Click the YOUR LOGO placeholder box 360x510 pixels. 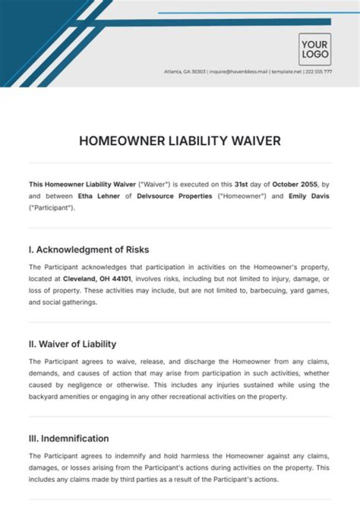[x=315, y=49]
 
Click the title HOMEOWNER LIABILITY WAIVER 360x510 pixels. [x=180, y=141]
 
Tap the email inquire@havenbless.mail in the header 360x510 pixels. [x=238, y=72]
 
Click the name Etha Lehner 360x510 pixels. [x=98, y=196]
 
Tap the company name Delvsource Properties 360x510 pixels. [x=173, y=196]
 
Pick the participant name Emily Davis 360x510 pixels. [x=309, y=196]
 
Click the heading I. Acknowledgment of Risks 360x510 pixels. [x=89, y=249]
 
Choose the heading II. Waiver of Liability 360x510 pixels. [x=72, y=344]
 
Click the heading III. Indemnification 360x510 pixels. [x=68, y=438]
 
